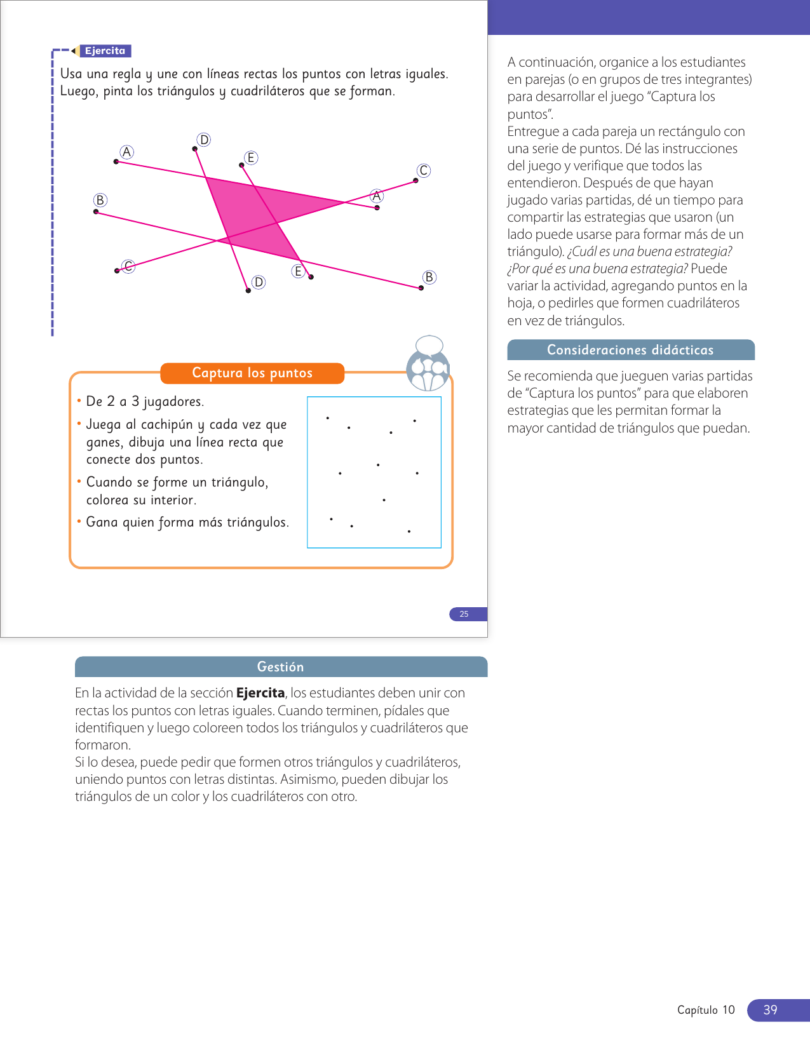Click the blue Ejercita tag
click(x=105, y=51)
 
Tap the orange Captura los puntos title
click(x=252, y=373)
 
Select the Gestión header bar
click(x=281, y=666)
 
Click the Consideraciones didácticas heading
click(x=630, y=350)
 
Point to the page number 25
click(x=464, y=614)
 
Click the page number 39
click(x=770, y=1010)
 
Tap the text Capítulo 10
click(x=706, y=1010)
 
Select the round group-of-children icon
click(x=428, y=370)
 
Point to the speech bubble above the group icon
click(x=429, y=344)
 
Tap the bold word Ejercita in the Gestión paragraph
click(x=260, y=693)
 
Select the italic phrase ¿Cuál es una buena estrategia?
click(x=649, y=252)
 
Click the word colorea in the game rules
click(x=107, y=500)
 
